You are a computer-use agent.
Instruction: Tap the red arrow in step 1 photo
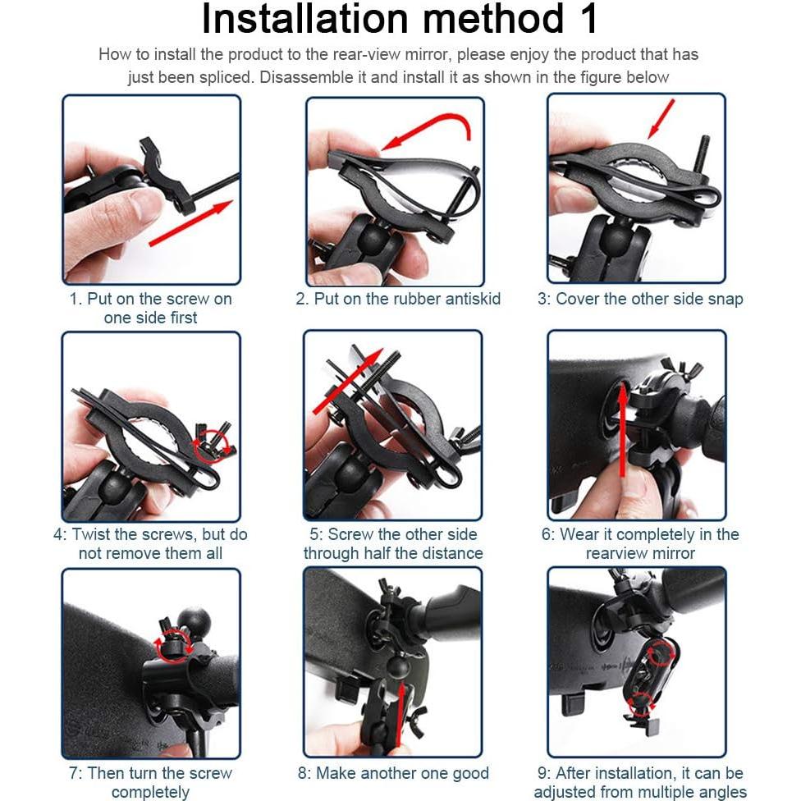click(191, 222)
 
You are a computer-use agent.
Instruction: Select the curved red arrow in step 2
click(427, 130)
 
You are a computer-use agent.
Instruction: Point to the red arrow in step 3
click(661, 118)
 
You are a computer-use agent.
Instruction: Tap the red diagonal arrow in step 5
click(348, 381)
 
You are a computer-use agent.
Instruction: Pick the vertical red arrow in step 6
click(622, 430)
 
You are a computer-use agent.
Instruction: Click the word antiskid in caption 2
click(473, 299)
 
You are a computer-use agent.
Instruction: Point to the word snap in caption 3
click(725, 300)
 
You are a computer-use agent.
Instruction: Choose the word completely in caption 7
click(150, 792)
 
